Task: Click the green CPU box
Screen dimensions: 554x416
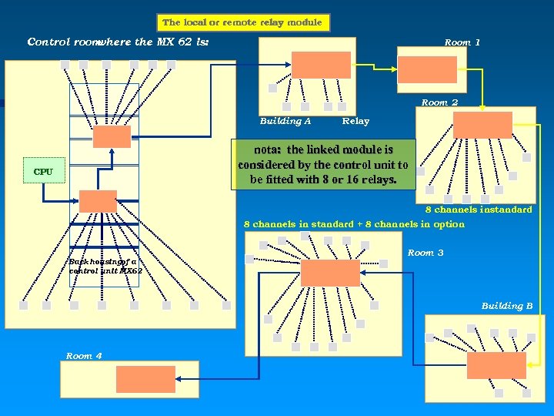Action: point(44,170)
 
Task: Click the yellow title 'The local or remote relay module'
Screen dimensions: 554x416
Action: point(243,22)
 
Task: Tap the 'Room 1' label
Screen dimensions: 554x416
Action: point(462,42)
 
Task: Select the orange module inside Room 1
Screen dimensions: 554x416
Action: point(427,69)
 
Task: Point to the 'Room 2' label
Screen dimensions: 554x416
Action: point(439,102)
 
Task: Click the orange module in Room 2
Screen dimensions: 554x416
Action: point(482,125)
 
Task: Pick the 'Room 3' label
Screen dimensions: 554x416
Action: point(426,253)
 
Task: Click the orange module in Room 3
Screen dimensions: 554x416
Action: point(330,273)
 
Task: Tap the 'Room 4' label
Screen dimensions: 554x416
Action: point(84,356)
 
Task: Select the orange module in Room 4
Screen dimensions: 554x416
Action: point(145,379)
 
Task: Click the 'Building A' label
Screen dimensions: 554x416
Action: point(285,121)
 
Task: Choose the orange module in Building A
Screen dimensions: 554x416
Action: point(321,65)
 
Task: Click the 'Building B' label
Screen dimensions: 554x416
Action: point(506,306)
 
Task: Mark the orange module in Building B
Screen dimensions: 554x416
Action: point(496,365)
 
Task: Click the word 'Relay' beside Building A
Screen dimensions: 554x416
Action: point(355,121)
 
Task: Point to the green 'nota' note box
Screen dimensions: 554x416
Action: point(323,165)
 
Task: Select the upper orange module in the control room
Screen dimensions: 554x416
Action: point(112,136)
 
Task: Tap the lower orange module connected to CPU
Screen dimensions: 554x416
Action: point(98,201)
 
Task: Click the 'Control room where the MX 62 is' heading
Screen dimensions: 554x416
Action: point(118,42)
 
